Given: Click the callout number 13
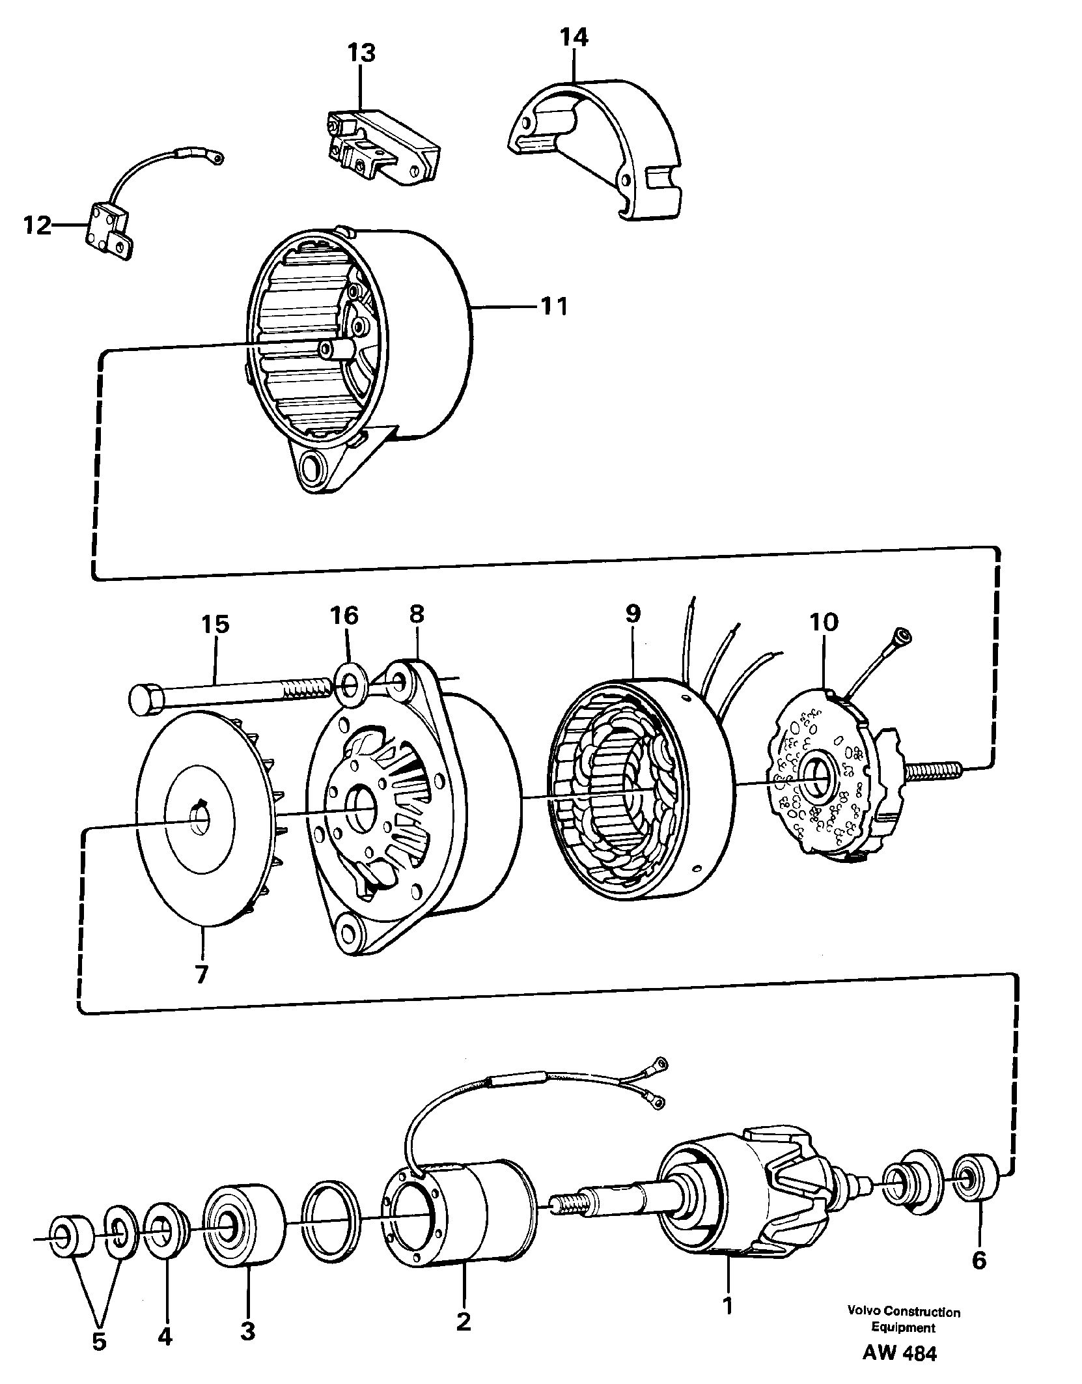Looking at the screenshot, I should [361, 53].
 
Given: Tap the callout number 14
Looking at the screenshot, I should [574, 38].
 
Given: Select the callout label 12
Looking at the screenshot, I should [37, 226].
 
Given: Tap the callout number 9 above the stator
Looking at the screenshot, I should [632, 614].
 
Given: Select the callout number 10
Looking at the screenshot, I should [824, 622].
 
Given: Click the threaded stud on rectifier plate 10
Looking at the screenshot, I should [933, 772].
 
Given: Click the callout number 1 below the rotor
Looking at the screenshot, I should [728, 1269].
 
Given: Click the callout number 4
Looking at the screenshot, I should [165, 1314].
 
